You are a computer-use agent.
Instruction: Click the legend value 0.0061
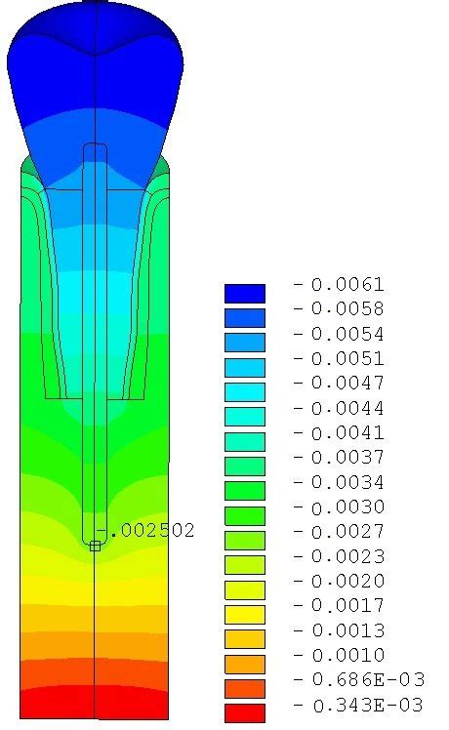pyautogui.click(x=347, y=284)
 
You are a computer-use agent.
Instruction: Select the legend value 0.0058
pyautogui.click(x=347, y=309)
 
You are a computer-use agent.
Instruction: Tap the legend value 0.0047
pyautogui.click(x=347, y=384)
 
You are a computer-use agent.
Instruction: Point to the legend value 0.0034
pyautogui.click(x=347, y=482)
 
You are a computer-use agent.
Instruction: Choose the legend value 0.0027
pyautogui.click(x=347, y=532)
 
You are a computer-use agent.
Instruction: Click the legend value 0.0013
pyautogui.click(x=348, y=630)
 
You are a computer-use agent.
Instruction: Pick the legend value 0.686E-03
pyautogui.click(x=368, y=679)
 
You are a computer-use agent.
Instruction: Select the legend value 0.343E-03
pyautogui.click(x=368, y=706)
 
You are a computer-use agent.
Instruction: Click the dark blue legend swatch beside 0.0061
pyautogui.click(x=245, y=294)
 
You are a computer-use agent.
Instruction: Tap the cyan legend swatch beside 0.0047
pyautogui.click(x=245, y=392)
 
